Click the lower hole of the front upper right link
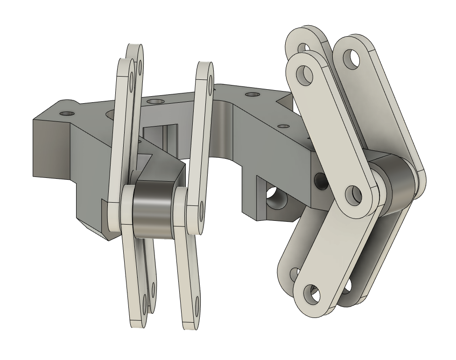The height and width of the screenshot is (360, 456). tap(353, 193)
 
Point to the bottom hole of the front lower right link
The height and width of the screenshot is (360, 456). tap(310, 294)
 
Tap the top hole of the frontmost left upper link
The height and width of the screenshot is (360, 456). tap(133, 79)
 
